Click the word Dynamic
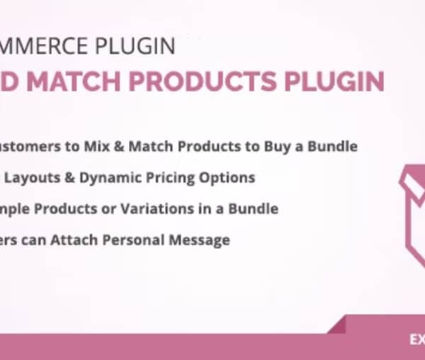(x=108, y=178)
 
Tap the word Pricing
(x=174, y=178)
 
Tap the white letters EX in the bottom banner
(x=416, y=339)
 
